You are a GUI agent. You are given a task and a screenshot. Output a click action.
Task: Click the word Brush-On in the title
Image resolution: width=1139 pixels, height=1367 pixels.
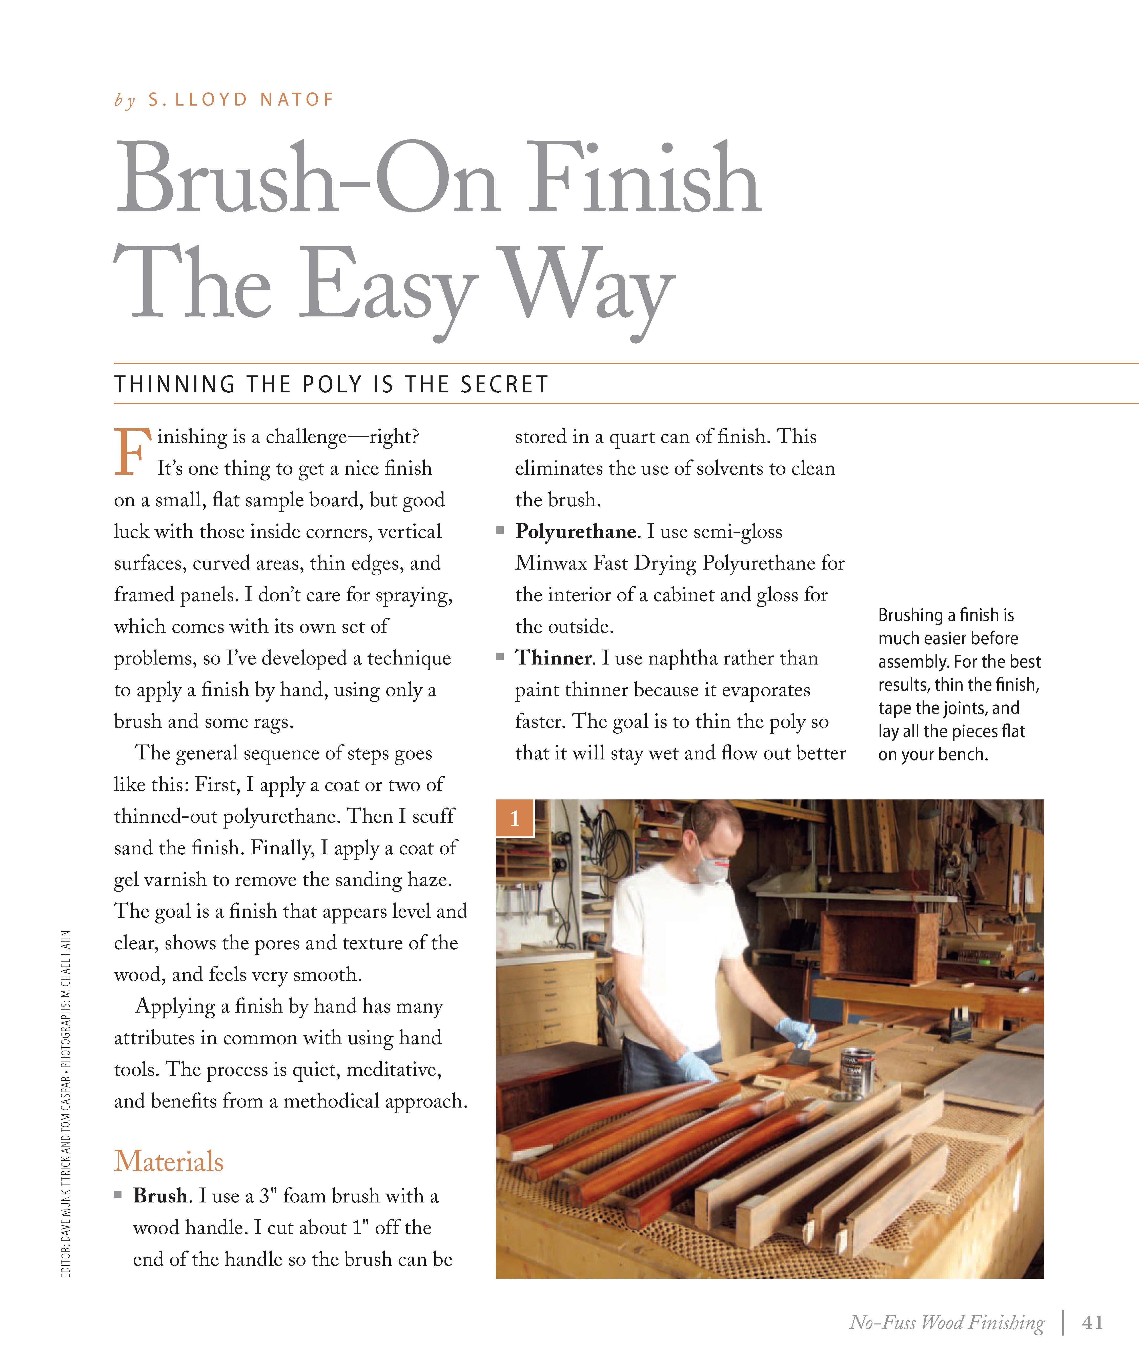point(306,179)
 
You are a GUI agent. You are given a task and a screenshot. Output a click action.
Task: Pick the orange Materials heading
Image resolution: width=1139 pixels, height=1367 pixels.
point(169,1161)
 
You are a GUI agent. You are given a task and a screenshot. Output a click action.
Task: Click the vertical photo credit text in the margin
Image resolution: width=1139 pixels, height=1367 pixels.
point(66,1103)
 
